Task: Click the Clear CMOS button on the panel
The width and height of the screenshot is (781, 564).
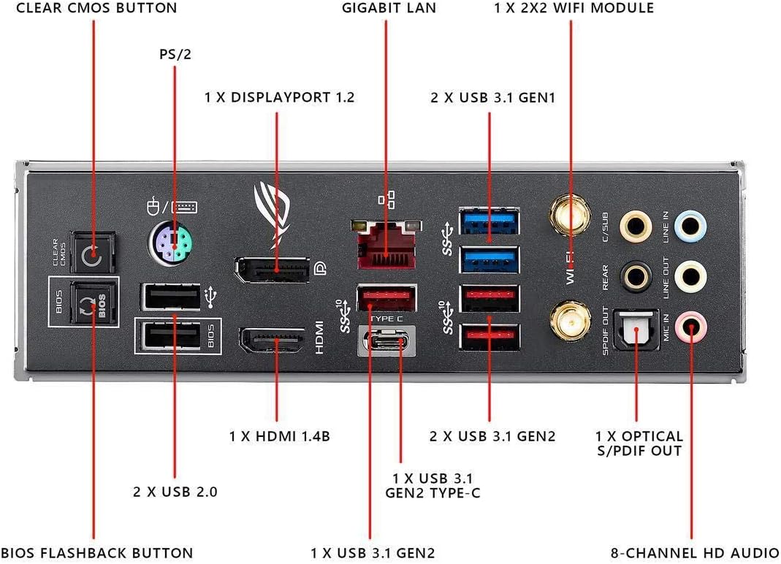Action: click(91, 256)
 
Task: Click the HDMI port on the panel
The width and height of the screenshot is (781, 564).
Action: click(275, 342)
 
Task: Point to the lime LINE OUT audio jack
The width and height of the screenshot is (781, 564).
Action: click(688, 276)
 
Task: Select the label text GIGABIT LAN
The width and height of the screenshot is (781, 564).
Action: click(389, 9)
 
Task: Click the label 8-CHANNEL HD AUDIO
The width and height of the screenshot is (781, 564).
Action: click(693, 552)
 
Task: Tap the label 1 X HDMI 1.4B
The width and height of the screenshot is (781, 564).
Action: click(280, 436)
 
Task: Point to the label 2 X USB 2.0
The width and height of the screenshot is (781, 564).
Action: click(175, 492)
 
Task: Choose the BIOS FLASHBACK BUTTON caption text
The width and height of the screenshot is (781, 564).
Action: click(97, 552)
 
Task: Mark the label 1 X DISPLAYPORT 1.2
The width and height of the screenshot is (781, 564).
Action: click(280, 96)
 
